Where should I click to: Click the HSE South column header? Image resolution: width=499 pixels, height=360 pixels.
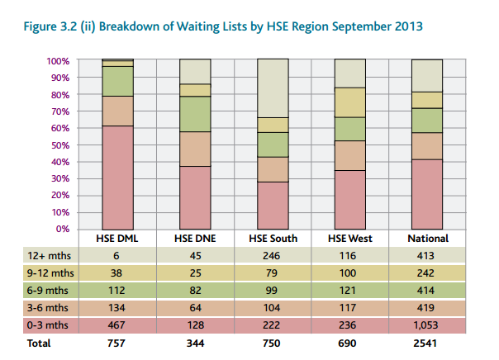pyautogui.click(x=272, y=239)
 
